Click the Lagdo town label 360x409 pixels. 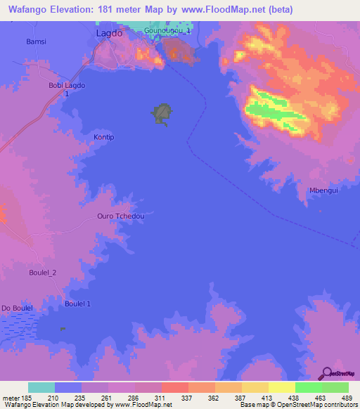tap(109, 32)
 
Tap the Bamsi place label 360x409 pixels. tap(36, 41)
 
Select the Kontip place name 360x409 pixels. tap(103, 137)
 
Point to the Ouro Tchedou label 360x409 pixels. tap(121, 216)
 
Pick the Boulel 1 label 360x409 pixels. tap(78, 303)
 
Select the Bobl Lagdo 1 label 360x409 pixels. tap(67, 89)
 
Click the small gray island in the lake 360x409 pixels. tap(163, 113)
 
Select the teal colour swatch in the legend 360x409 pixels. tap(41, 387)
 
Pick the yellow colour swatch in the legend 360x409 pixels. tap(282, 387)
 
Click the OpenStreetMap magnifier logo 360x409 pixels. tap(326, 372)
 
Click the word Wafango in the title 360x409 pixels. tap(32, 10)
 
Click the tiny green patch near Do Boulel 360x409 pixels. tap(63, 328)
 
